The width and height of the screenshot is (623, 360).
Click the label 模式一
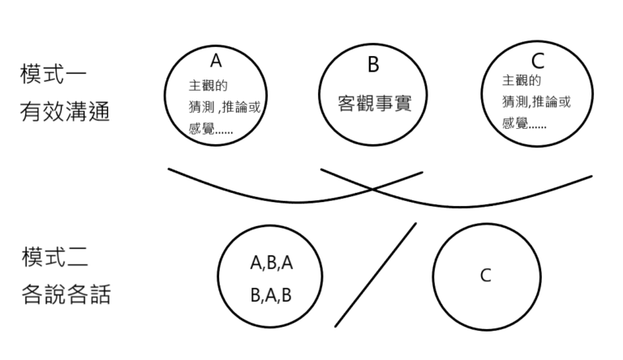53,75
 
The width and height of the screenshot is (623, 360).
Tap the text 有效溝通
65,110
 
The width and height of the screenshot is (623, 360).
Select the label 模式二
53,259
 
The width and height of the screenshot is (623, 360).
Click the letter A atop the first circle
215,61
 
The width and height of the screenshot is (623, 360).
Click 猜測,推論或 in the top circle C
536,102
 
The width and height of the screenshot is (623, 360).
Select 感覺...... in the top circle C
524,123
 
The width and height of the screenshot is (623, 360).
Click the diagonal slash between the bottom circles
376,275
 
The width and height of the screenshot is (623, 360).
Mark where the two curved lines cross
372,189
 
